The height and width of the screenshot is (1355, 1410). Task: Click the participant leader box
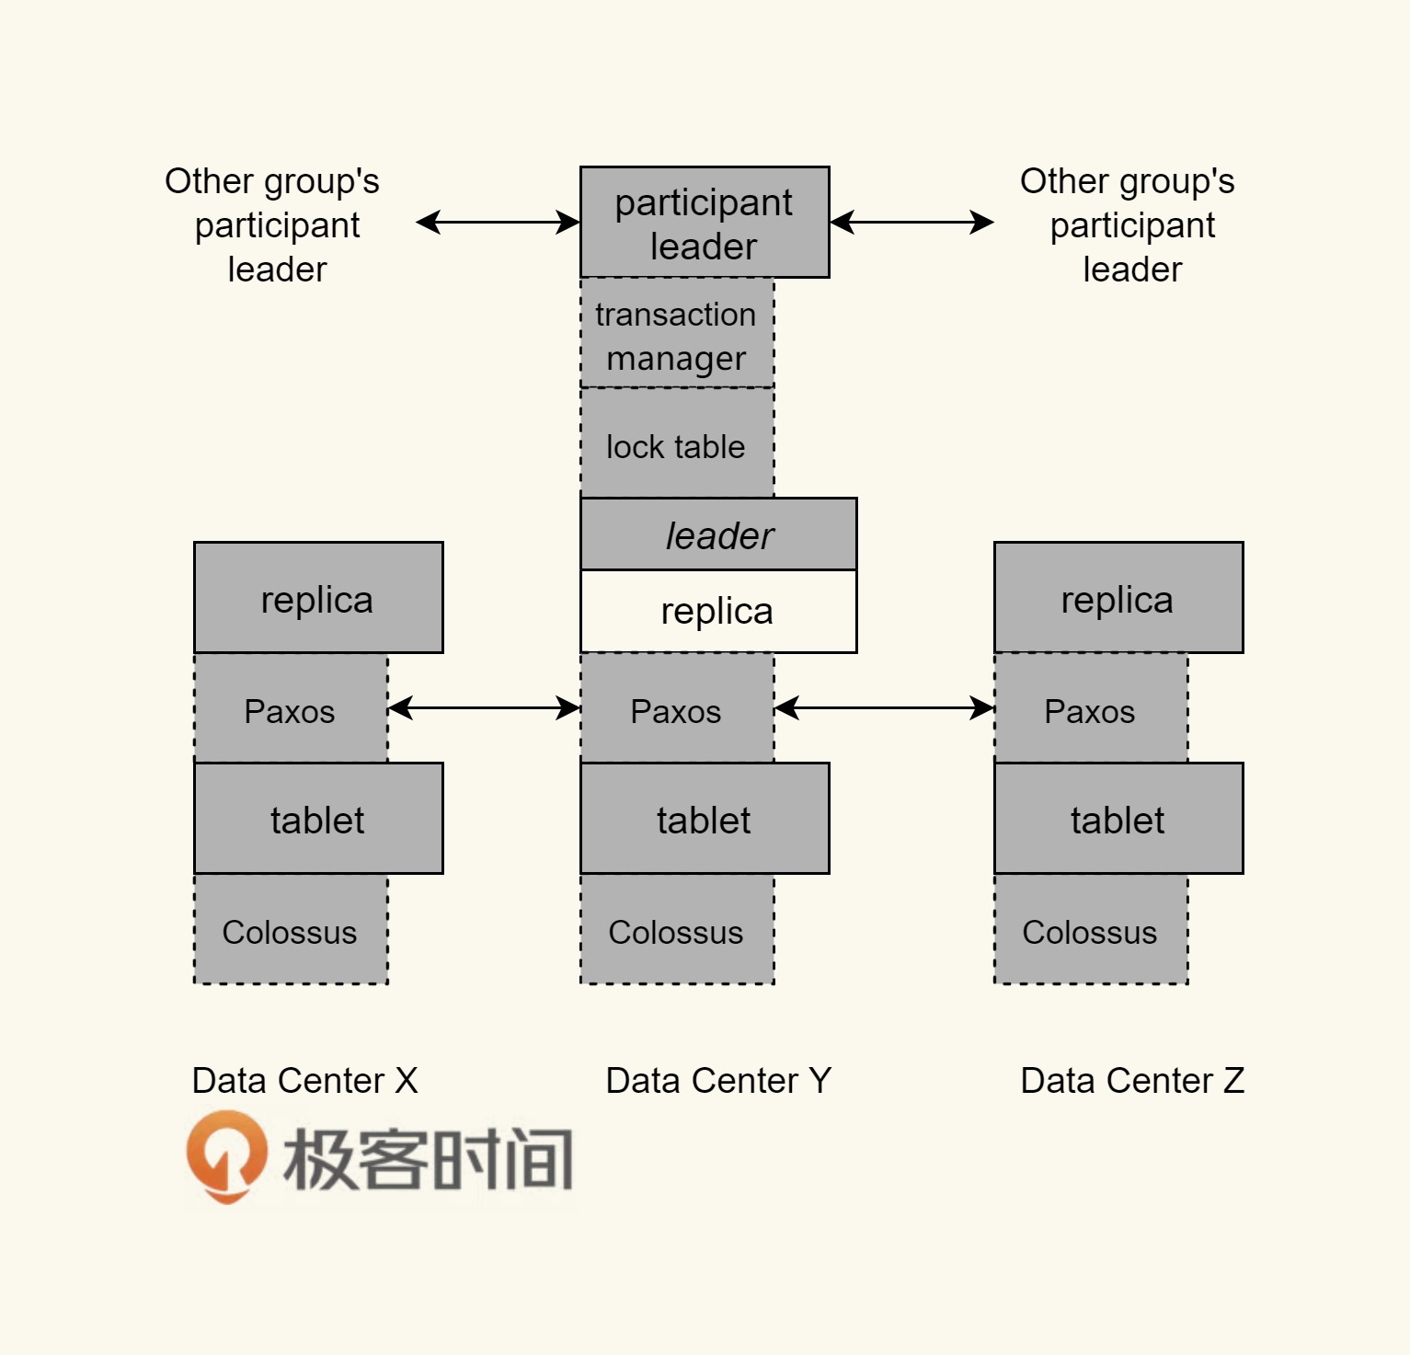pyautogui.click(x=705, y=223)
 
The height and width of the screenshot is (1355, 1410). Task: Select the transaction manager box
pyautogui.click(x=677, y=334)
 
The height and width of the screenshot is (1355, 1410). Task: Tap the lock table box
pyautogui.click(x=677, y=444)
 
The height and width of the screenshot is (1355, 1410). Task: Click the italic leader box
pyautogui.click(x=718, y=534)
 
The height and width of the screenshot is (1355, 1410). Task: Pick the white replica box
pyautogui.click(x=718, y=612)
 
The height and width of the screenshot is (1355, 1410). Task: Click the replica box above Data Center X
pyautogui.click(x=318, y=598)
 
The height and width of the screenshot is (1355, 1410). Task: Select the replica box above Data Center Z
pyautogui.click(x=1118, y=598)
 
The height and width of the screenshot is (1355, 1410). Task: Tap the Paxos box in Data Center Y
pyautogui.click(x=677, y=709)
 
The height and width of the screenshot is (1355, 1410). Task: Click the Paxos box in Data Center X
pyautogui.click(x=291, y=709)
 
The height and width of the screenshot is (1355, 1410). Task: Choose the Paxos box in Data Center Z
pyautogui.click(x=1091, y=709)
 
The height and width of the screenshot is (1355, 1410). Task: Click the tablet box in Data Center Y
pyautogui.click(x=705, y=819)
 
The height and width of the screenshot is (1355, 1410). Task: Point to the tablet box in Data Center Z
pyautogui.click(x=1118, y=819)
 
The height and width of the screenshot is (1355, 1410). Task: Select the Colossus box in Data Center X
pyautogui.click(x=291, y=930)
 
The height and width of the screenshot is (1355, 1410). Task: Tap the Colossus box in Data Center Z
pyautogui.click(x=1091, y=930)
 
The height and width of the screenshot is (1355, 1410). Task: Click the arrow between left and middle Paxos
pyautogui.click(x=484, y=708)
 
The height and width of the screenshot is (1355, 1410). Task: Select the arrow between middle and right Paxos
pyautogui.click(x=884, y=708)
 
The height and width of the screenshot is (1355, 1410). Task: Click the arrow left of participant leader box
pyautogui.click(x=498, y=223)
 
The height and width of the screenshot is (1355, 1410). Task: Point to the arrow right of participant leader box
pyautogui.click(x=911, y=223)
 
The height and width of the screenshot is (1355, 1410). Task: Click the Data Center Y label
pyautogui.click(x=718, y=1081)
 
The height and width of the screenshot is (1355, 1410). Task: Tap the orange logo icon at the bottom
pyautogui.click(x=226, y=1155)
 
